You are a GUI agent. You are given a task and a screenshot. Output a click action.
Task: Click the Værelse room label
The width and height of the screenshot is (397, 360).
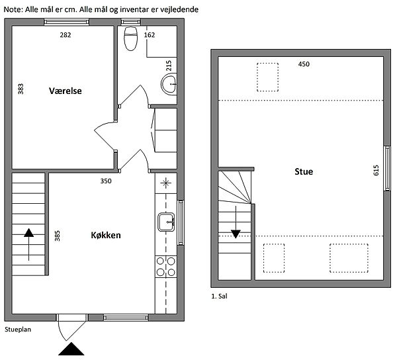[x=66, y=91]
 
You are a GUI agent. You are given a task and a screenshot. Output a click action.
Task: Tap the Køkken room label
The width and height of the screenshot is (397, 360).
[x=106, y=235]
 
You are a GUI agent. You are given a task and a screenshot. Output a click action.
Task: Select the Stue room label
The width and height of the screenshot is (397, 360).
[x=304, y=171]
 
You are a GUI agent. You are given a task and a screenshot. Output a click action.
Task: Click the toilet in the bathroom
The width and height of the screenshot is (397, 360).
[x=130, y=38]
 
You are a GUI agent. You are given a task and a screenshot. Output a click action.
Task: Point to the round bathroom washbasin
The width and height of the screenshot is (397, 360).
[x=169, y=84]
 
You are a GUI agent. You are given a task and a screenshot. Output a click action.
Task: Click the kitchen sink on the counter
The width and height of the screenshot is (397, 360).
[x=166, y=222]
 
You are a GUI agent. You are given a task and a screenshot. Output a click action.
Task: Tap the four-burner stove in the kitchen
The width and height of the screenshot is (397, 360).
[x=166, y=267]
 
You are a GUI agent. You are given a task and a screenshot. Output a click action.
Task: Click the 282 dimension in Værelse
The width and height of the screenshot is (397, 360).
[x=66, y=35]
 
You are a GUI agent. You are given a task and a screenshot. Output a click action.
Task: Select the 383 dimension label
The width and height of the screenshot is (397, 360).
[x=21, y=89]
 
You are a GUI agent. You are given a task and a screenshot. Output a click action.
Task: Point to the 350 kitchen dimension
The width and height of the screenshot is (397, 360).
[x=106, y=181]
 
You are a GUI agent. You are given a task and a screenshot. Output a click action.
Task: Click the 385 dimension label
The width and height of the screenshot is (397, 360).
[x=58, y=236]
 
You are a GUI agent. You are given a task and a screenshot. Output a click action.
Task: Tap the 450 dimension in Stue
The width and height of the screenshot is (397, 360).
[x=304, y=64]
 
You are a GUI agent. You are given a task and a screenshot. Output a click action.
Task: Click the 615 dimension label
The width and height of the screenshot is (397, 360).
[x=376, y=170]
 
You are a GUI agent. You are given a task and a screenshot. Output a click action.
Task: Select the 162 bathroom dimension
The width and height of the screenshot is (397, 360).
[x=150, y=35]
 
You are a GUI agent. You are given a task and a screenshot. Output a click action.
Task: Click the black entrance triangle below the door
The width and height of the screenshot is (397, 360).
[x=71, y=349]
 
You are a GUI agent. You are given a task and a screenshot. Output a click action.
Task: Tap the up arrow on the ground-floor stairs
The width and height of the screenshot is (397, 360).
[x=29, y=245]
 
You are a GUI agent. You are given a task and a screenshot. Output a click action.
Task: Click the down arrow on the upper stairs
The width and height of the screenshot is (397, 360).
[x=236, y=222]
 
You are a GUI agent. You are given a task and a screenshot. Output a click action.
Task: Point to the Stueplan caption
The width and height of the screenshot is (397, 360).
[x=18, y=330]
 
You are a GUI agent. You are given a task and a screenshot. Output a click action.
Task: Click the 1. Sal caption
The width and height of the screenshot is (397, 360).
[x=219, y=296]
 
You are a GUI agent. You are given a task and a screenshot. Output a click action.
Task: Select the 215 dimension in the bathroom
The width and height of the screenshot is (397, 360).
[x=169, y=66]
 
